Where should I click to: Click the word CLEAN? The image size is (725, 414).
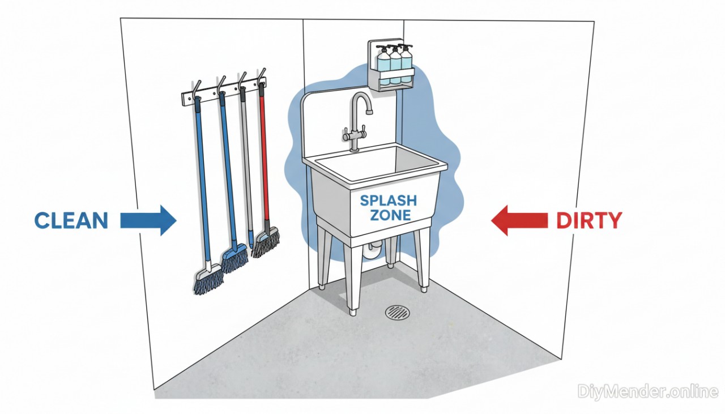(71, 220)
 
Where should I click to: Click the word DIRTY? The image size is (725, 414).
(589, 220)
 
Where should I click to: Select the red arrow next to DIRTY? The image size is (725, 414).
(519, 220)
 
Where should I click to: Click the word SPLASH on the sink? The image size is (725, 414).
(389, 201)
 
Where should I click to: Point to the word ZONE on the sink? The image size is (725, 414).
(389, 216)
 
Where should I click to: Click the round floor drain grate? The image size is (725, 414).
(397, 312)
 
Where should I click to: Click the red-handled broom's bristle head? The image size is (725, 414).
(266, 243)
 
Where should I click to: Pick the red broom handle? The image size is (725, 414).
(263, 159)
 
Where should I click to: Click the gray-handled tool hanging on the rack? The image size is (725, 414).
(246, 164)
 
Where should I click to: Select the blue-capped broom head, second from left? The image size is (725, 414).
(234, 258)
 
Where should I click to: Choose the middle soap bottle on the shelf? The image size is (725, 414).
(395, 65)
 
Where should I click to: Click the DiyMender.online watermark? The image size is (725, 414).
(648, 391)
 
